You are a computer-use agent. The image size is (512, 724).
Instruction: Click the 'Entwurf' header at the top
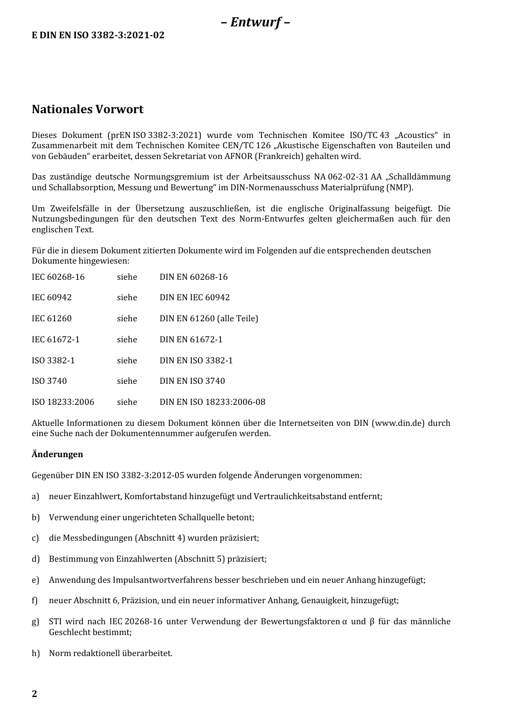click(x=255, y=22)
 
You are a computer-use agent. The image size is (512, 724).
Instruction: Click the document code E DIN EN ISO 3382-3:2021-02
click(x=98, y=36)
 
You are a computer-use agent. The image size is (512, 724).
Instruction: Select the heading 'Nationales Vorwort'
click(x=87, y=109)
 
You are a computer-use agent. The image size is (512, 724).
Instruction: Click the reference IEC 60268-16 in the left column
click(x=58, y=277)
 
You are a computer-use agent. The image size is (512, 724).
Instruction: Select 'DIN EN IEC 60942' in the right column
click(x=195, y=298)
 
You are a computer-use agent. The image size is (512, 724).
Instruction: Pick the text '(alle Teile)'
click(x=237, y=319)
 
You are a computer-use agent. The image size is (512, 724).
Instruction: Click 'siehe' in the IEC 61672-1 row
click(x=127, y=340)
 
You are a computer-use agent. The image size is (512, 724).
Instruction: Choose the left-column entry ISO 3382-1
click(x=53, y=361)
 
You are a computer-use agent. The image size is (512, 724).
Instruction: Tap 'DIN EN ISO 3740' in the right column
click(x=192, y=381)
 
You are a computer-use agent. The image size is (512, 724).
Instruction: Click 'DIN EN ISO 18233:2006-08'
click(x=212, y=402)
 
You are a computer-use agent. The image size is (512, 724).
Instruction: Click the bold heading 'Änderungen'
click(x=58, y=454)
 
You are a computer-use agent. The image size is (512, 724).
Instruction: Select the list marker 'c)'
click(x=36, y=538)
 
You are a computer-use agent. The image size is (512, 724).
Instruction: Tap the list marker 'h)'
click(x=36, y=653)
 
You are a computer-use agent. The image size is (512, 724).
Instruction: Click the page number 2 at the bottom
click(x=34, y=694)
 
